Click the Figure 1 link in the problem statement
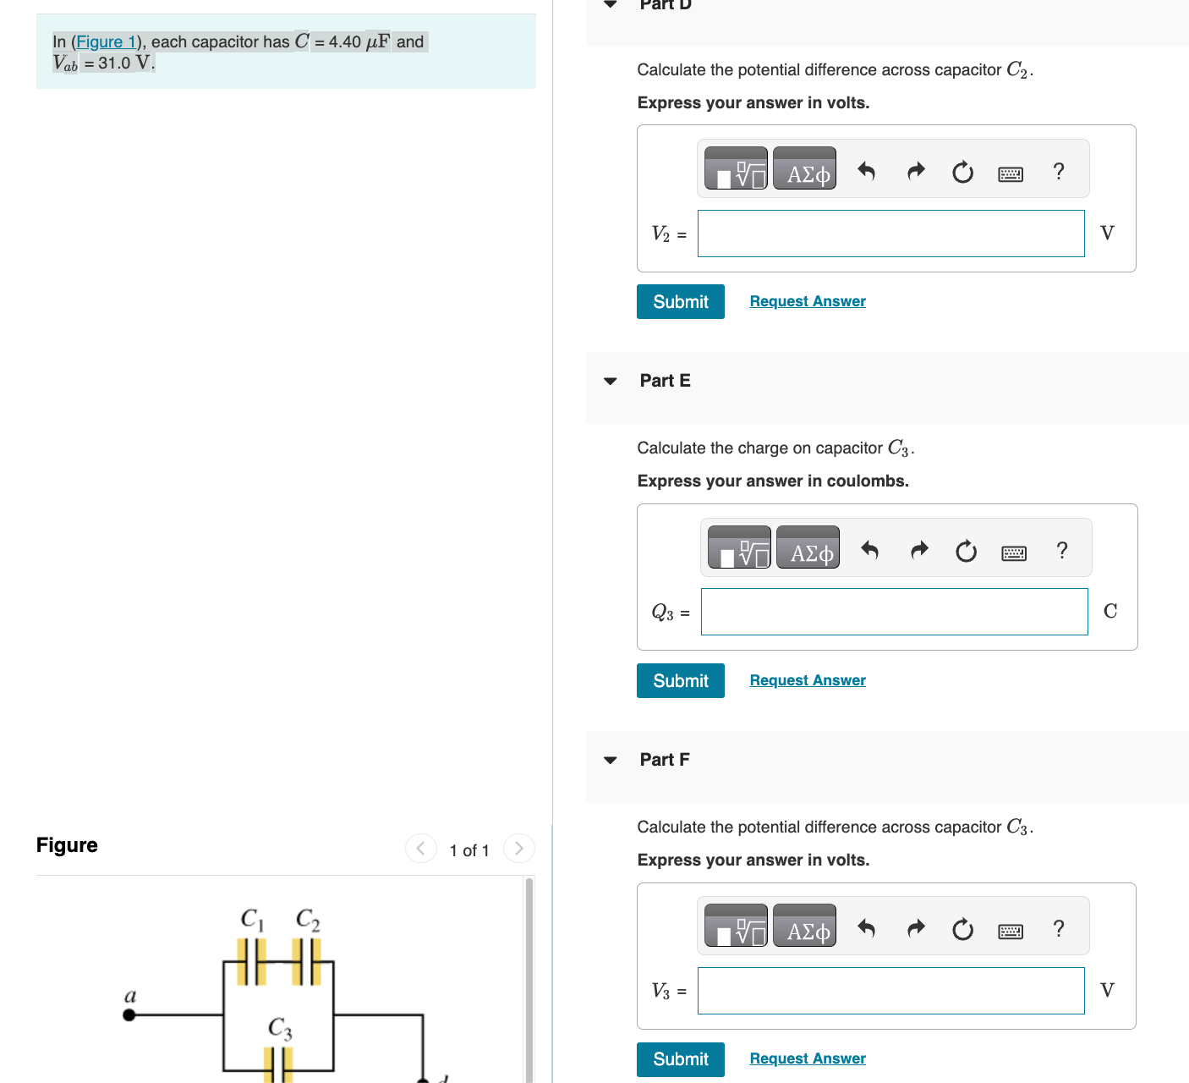tap(106, 41)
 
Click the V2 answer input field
tap(890, 234)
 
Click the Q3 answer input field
tap(894, 612)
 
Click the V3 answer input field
tap(890, 991)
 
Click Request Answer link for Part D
tap(807, 301)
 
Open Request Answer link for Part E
tap(807, 680)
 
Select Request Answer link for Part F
tap(807, 1058)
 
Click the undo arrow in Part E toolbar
tap(869, 551)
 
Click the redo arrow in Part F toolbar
tap(916, 929)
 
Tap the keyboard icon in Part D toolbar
tap(1010, 173)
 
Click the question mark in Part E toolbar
tap(1061, 551)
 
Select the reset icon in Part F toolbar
tap(962, 930)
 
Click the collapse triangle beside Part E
tap(611, 382)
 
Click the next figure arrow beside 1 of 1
tap(518, 848)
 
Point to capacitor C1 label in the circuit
tap(252, 919)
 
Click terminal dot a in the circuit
tap(129, 1014)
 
